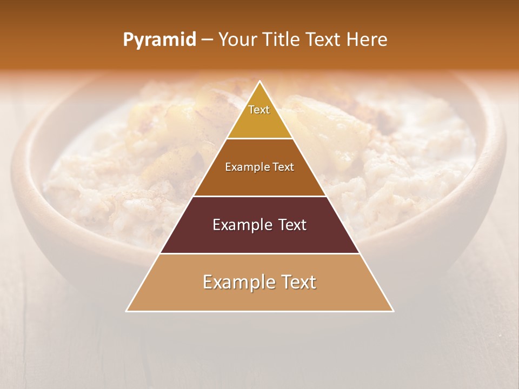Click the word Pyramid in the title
pyautogui.click(x=159, y=40)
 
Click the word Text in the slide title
pyautogui.click(x=324, y=40)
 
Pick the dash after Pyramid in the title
pyautogui.click(x=207, y=40)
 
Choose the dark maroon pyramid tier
pyautogui.click(x=259, y=238)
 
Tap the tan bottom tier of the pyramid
pyautogui.click(x=259, y=297)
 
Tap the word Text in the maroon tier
pyautogui.click(x=292, y=225)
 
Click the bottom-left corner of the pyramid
pyautogui.click(x=127, y=311)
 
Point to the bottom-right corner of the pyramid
pyautogui.click(x=393, y=311)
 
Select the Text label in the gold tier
pyautogui.click(x=259, y=110)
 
